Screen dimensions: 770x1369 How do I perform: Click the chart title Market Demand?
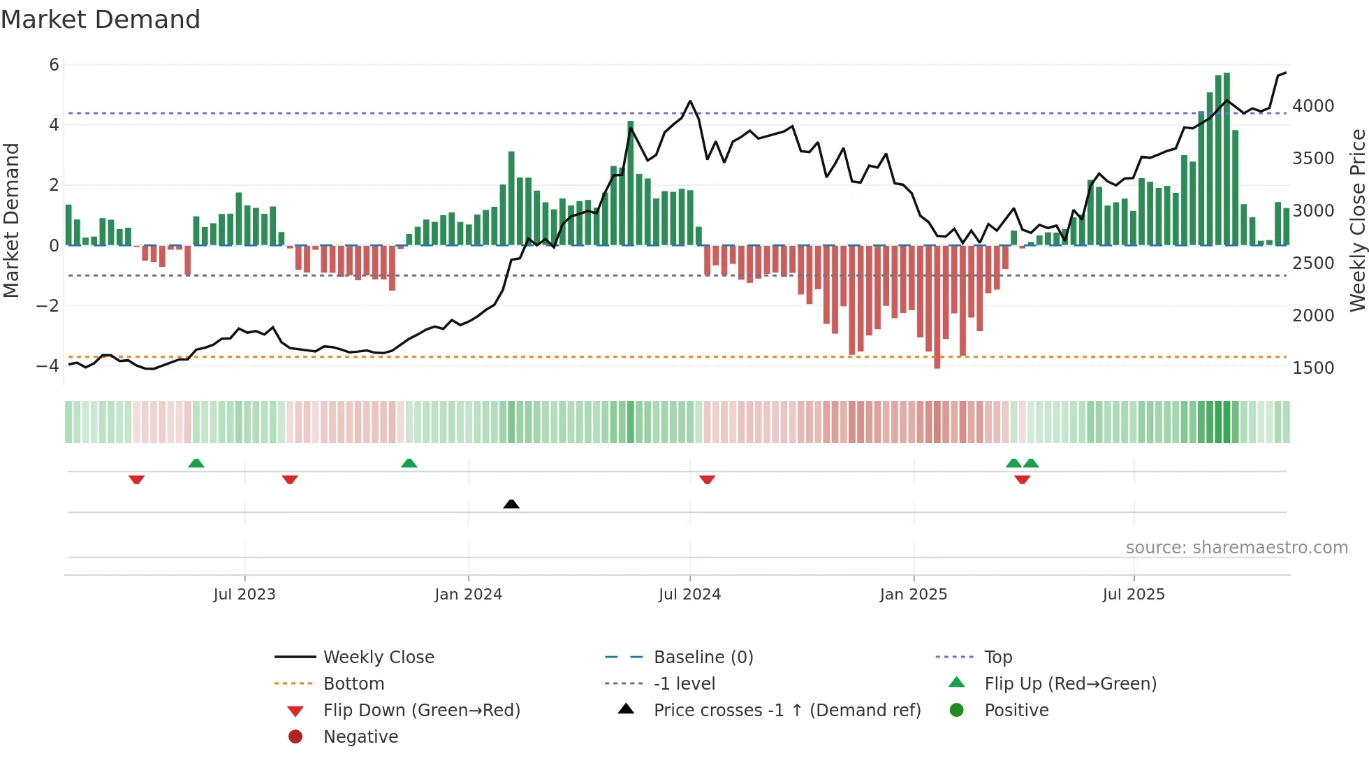pos(101,20)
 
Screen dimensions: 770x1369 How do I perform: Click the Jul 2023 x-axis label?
pos(244,595)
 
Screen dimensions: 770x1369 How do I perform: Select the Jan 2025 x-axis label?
pos(913,595)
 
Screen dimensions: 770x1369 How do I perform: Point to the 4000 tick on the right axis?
pos(1313,106)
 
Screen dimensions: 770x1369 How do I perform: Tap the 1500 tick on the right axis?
pos(1313,368)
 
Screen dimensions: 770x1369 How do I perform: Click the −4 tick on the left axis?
pos(47,365)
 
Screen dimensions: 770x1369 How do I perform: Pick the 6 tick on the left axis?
pos(54,65)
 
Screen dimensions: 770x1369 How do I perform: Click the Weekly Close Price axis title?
pos(1357,220)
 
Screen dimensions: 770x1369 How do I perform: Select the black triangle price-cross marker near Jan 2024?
pos(511,504)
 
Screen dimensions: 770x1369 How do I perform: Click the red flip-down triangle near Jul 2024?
pos(707,479)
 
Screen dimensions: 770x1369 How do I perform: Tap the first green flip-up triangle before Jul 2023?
pos(196,463)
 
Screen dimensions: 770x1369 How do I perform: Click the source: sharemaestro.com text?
pos(1236,548)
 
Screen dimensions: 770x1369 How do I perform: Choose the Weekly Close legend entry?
pos(378,657)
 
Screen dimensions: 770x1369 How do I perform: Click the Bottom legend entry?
pos(353,683)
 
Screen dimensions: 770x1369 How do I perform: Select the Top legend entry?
pos(997,657)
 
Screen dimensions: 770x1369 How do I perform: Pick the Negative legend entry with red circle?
pos(360,736)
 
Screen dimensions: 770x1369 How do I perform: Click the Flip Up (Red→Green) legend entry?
pos(1070,683)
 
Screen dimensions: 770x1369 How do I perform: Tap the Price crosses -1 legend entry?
pos(786,710)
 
